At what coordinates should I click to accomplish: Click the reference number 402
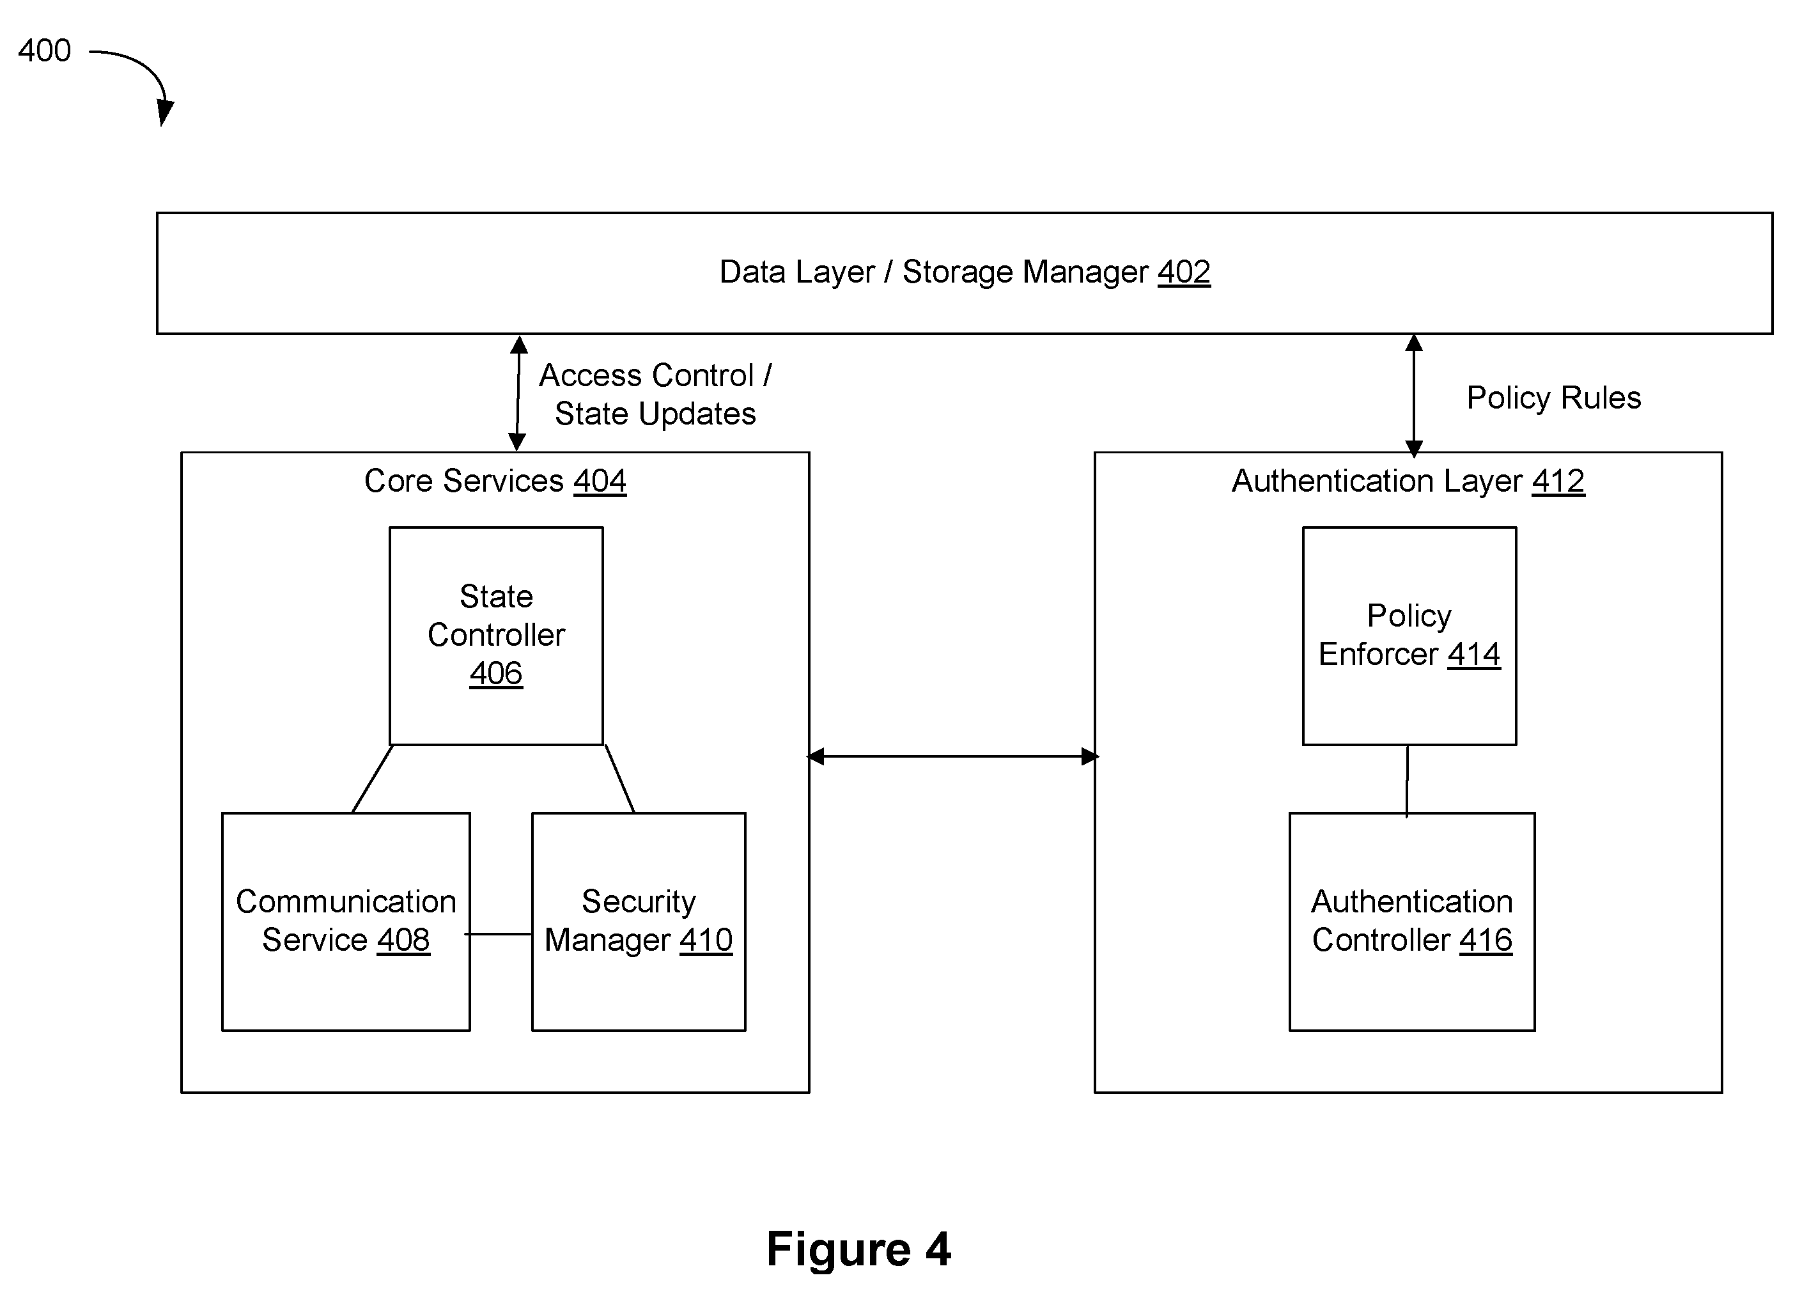(1183, 272)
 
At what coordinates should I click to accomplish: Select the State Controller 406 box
(496, 636)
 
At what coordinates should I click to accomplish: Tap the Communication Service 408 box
(346, 921)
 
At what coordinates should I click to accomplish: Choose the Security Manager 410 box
(639, 921)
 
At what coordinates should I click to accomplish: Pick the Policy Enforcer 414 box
(1409, 636)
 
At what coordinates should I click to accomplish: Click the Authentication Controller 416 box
(1412, 921)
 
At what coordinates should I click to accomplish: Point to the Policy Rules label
(1553, 397)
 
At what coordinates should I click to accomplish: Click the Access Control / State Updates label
(655, 394)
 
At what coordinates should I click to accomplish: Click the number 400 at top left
(45, 50)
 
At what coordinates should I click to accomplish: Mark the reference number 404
(600, 480)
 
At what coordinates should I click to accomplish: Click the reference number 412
(1558, 480)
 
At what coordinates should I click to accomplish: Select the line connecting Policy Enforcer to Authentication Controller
(1407, 780)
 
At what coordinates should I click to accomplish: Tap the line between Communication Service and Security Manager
(498, 934)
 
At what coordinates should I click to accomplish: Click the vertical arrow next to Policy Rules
(1413, 396)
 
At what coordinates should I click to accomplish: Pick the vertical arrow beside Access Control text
(518, 393)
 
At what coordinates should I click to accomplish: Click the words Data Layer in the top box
(796, 272)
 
